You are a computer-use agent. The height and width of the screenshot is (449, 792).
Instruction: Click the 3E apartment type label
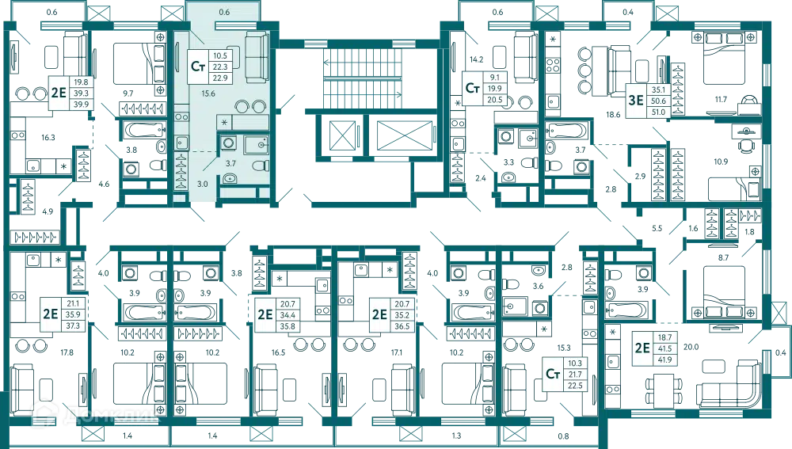(635, 101)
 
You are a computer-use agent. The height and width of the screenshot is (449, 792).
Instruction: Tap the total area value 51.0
(658, 112)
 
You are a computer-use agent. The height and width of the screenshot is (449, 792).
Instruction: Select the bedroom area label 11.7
(721, 100)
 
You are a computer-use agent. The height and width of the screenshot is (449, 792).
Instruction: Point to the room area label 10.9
(721, 162)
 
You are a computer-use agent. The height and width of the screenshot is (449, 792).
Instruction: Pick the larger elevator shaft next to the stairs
(405, 135)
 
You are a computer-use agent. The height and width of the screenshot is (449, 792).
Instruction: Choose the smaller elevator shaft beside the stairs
(341, 135)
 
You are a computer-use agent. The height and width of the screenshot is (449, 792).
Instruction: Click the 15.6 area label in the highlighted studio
(208, 93)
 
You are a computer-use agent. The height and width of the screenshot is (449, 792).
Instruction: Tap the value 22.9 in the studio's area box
(220, 78)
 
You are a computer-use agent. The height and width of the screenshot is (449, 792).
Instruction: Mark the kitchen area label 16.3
(48, 137)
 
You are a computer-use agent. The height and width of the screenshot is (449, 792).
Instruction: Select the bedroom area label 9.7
(128, 93)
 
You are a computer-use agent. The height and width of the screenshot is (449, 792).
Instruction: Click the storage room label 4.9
(48, 211)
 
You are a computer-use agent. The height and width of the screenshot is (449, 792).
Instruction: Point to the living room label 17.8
(67, 352)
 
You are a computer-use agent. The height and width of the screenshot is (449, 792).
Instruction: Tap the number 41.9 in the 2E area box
(664, 360)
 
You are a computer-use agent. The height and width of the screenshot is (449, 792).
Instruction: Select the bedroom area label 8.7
(723, 257)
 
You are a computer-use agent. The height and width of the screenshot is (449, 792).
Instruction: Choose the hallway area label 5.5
(657, 228)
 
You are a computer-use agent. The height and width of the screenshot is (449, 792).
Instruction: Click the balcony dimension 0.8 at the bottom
(563, 436)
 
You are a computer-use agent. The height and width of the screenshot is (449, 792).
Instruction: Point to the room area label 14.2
(476, 59)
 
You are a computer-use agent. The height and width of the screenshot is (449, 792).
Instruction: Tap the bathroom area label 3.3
(508, 162)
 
